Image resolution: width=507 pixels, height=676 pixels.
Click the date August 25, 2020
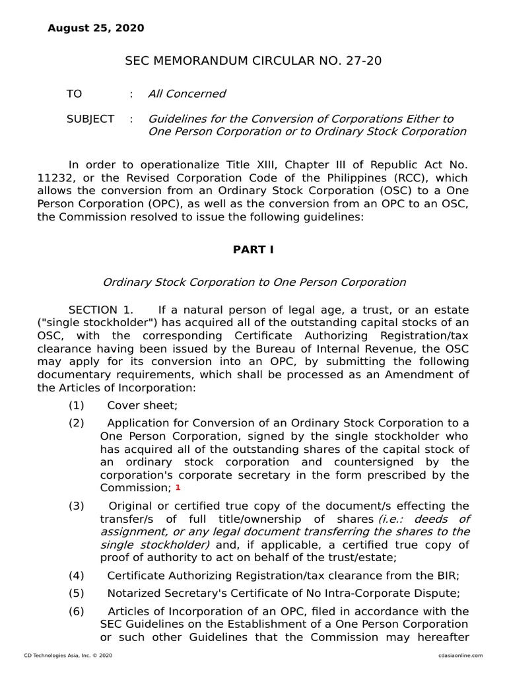point(96,28)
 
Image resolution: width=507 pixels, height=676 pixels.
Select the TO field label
point(74,94)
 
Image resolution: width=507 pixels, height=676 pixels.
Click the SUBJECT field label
point(90,119)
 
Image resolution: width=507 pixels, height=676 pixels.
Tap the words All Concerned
point(186,94)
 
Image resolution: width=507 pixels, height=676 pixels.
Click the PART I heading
point(253,250)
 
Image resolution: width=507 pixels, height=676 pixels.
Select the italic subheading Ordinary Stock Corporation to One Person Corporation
point(254,282)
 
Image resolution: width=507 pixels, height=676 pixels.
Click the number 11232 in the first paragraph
point(54,178)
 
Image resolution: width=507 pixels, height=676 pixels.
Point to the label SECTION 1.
point(101,310)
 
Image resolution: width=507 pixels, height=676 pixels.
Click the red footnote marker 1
point(178,487)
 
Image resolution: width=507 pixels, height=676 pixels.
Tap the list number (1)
point(77,405)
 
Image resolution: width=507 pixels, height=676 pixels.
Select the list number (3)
point(77,506)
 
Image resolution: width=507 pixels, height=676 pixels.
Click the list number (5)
point(77,593)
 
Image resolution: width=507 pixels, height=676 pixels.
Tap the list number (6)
point(77,611)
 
